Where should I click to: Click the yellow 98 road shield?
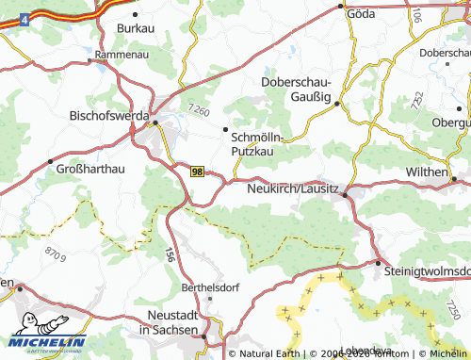197,172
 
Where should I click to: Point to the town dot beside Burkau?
136,15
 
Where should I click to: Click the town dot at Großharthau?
49,161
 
